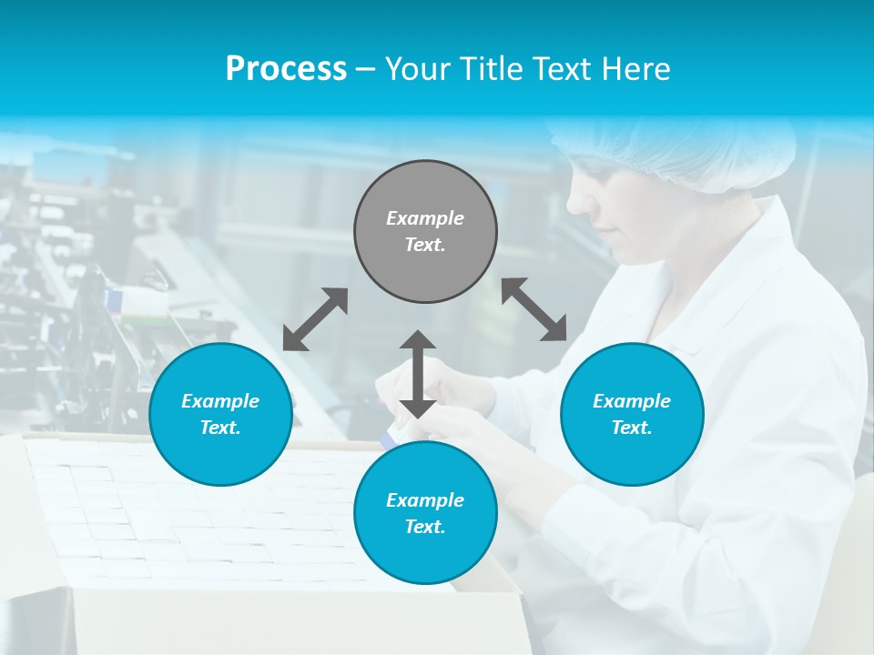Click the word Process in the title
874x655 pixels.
tap(286, 69)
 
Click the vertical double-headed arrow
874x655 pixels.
tap(418, 374)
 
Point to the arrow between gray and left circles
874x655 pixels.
tap(315, 319)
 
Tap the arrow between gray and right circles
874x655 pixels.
tap(534, 309)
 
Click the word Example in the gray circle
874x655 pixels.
tap(425, 218)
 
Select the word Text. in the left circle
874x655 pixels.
tap(220, 428)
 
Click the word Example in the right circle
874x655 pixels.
tap(632, 401)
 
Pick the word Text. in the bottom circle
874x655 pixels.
tap(425, 527)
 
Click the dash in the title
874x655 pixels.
tap(366, 69)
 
